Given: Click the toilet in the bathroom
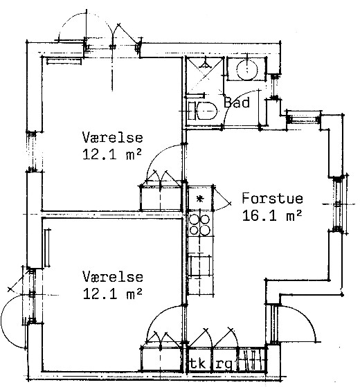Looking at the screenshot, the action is point(203,111).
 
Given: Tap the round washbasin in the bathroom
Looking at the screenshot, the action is point(246,69).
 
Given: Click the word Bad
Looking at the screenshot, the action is point(237,102).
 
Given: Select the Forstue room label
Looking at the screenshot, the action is point(272,198).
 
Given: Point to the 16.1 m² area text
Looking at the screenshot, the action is point(272,215).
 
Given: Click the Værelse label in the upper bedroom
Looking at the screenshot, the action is point(113,137).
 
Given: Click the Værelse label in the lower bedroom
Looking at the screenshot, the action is point(113,276).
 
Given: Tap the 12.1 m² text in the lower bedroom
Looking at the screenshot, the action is point(113,294).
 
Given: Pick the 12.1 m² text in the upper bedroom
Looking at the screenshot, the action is point(112,154).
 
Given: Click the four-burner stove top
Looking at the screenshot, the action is point(200,224).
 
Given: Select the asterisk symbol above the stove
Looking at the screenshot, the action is point(200,199).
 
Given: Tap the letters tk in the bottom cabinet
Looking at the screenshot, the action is point(197,363).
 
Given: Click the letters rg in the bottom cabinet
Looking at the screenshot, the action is point(224,364).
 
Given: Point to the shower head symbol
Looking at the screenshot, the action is point(206,64).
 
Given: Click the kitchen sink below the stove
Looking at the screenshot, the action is point(200,266).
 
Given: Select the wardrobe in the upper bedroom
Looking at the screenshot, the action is point(161,198).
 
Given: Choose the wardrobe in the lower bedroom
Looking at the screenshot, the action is point(161,359).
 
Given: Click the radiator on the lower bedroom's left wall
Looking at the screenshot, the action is point(47,248).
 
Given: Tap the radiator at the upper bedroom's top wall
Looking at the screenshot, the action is point(64,61).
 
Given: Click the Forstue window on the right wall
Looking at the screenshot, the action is point(338,204).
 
